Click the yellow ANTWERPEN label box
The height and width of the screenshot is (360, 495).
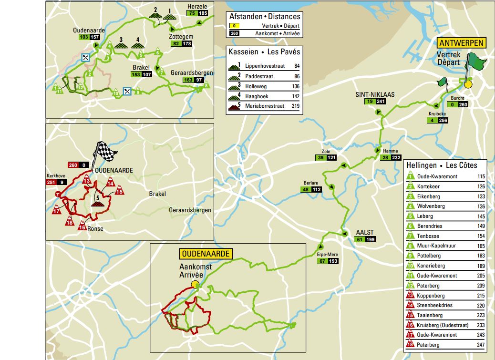point(462,43)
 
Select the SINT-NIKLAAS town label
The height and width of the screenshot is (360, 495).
point(374,94)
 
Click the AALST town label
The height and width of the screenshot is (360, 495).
point(365,233)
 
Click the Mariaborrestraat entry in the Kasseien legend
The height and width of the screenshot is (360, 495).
point(265,106)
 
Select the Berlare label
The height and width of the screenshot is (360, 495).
point(311,183)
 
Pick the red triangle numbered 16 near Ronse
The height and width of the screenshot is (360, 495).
point(82,226)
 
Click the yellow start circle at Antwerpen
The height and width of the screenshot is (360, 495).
point(468,84)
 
